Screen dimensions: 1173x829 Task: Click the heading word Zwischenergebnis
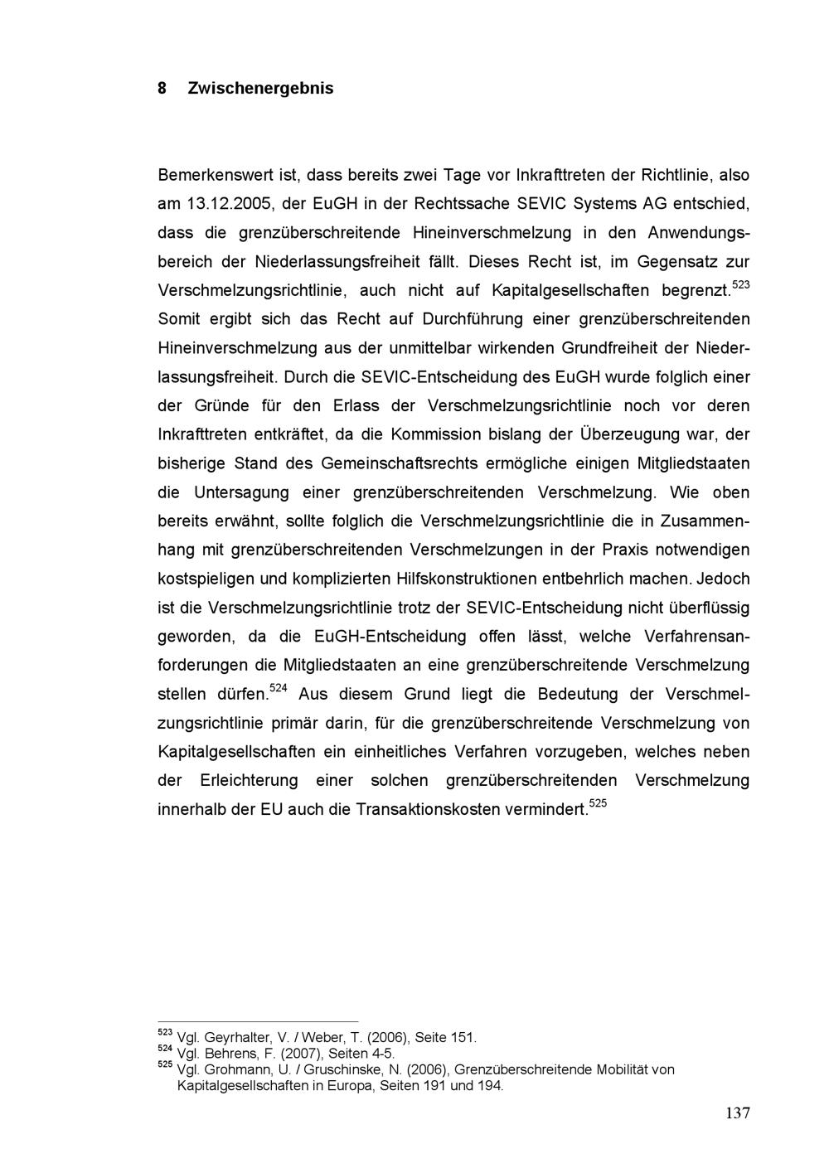[260, 88]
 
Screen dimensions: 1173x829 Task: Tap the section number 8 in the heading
[162, 88]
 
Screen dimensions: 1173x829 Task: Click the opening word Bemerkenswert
[210, 176]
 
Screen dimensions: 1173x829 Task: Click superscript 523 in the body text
[740, 285]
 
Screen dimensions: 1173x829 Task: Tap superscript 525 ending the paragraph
[598, 802]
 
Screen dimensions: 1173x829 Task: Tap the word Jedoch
[725, 579]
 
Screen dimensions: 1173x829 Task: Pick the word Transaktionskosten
[468, 809]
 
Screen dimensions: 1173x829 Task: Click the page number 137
[737, 1113]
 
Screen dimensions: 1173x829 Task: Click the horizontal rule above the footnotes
[258, 1021]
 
